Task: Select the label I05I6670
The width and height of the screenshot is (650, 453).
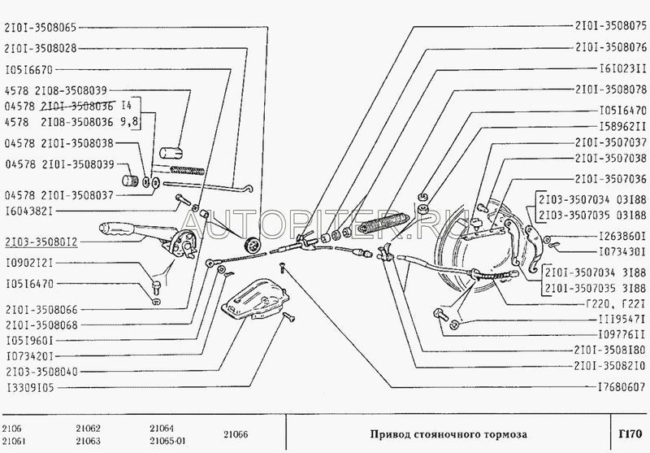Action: pyautogui.click(x=29, y=70)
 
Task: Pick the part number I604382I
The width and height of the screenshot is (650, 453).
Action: pyautogui.click(x=29, y=211)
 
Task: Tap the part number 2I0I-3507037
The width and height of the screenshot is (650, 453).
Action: pyautogui.click(x=607, y=142)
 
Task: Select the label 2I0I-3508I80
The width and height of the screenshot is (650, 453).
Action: pyautogui.click(x=607, y=351)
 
